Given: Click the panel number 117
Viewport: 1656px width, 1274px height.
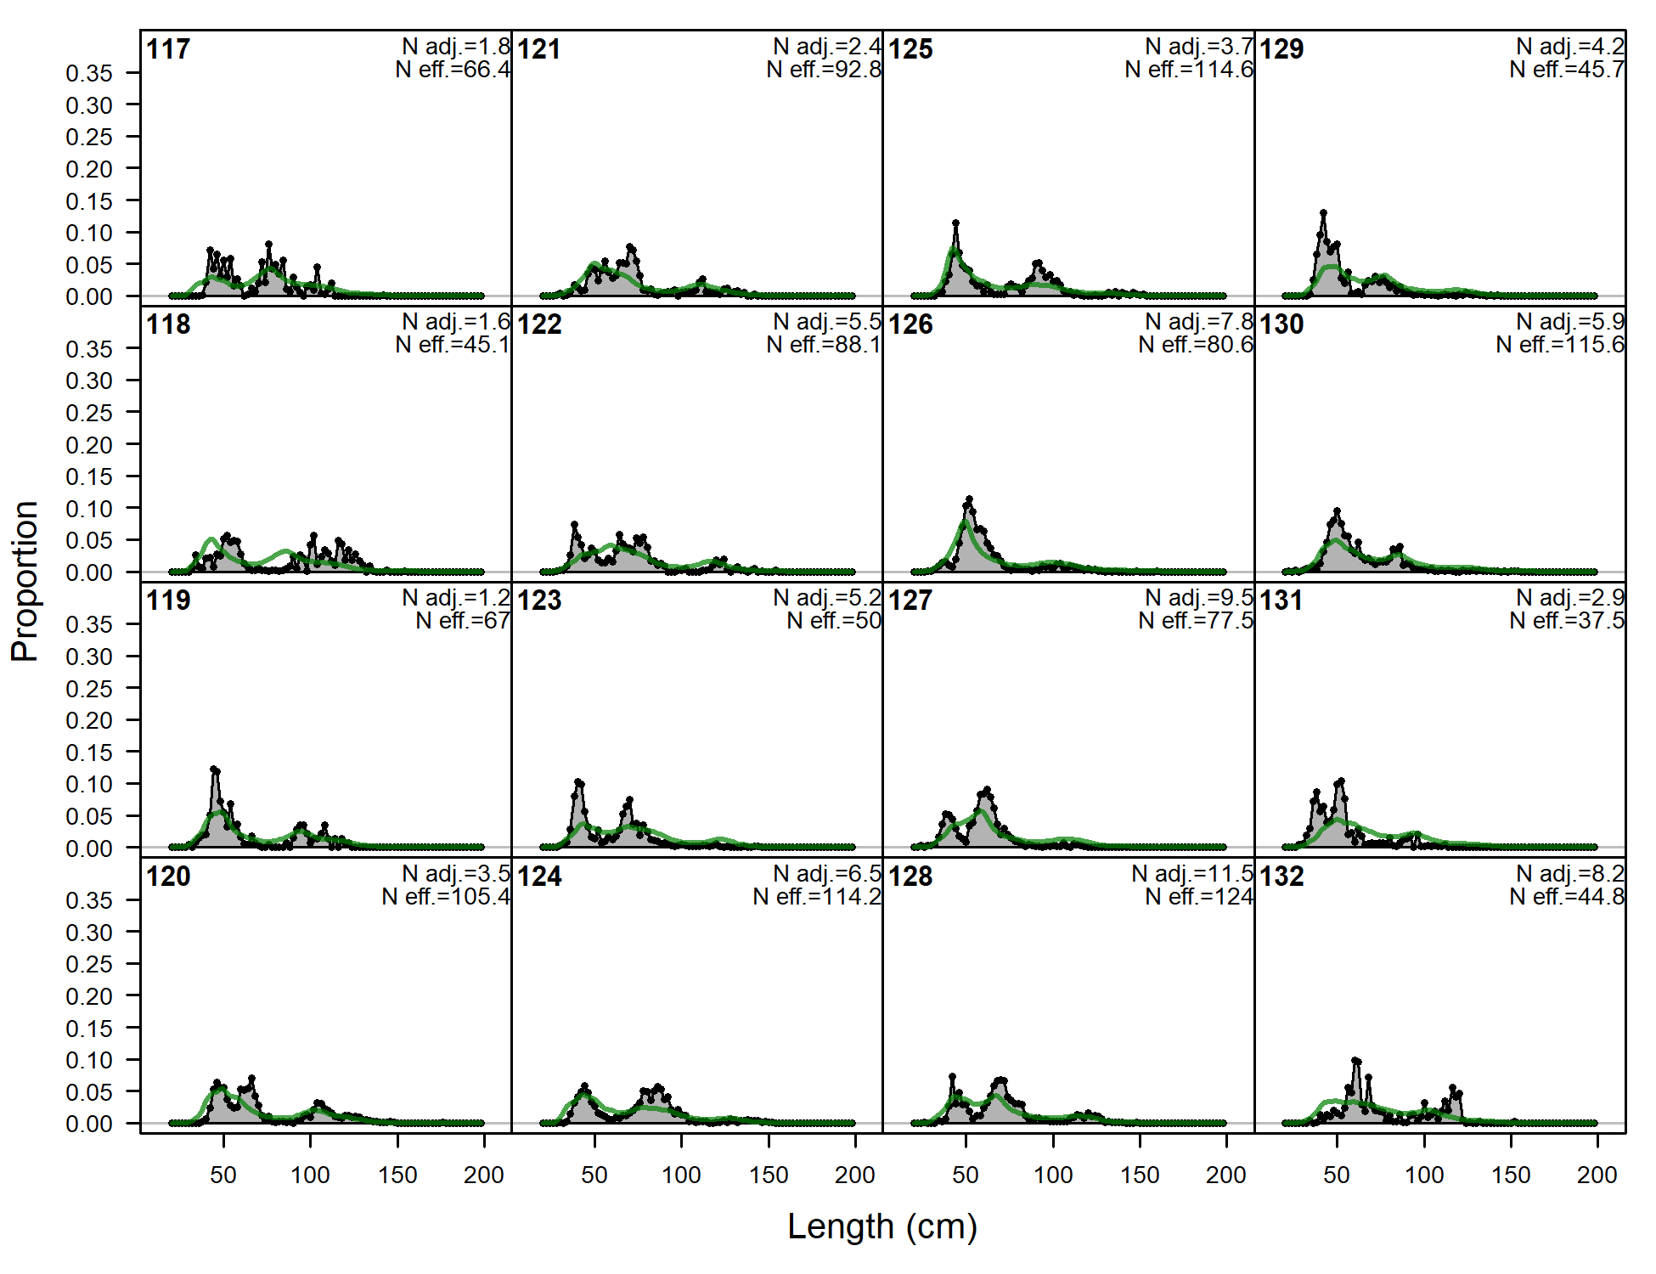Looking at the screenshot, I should pos(168,49).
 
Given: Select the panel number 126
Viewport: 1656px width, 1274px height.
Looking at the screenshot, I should pos(910,324).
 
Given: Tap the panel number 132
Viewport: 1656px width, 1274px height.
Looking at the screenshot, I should pos(1281,876).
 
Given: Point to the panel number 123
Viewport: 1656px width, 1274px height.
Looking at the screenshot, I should pos(539,600).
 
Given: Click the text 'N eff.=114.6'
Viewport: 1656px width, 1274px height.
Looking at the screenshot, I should pos(1189,70).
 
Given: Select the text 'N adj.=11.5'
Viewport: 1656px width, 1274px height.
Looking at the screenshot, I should pos(1192,874).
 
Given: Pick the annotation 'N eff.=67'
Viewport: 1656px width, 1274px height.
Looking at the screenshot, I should pos(463,621).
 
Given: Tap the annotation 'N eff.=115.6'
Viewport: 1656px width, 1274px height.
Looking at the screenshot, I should pos(1560,345).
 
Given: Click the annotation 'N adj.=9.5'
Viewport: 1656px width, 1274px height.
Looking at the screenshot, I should pos(1199,598).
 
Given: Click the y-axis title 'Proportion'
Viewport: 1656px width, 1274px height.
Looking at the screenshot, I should pos(25,581).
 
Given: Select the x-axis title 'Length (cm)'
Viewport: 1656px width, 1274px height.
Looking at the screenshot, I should pos(882,1226).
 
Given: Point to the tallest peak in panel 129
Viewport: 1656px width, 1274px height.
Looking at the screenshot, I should pos(1323,213).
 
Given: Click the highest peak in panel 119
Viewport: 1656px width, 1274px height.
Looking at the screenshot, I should pos(214,769).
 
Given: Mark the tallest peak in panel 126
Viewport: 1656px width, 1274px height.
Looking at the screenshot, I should pos(969,499).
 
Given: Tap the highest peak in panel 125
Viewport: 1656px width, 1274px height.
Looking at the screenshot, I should pos(956,223).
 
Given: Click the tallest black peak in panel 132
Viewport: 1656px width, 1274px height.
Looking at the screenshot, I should pos(1355,1060).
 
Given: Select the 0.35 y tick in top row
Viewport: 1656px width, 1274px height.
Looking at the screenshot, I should pos(89,73).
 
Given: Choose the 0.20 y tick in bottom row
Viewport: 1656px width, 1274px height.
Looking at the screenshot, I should pos(89,996).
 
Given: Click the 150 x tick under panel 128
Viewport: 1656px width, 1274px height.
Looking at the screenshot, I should pos(1140,1175).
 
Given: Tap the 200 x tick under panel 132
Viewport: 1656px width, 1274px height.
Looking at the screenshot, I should pos(1597,1175).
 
